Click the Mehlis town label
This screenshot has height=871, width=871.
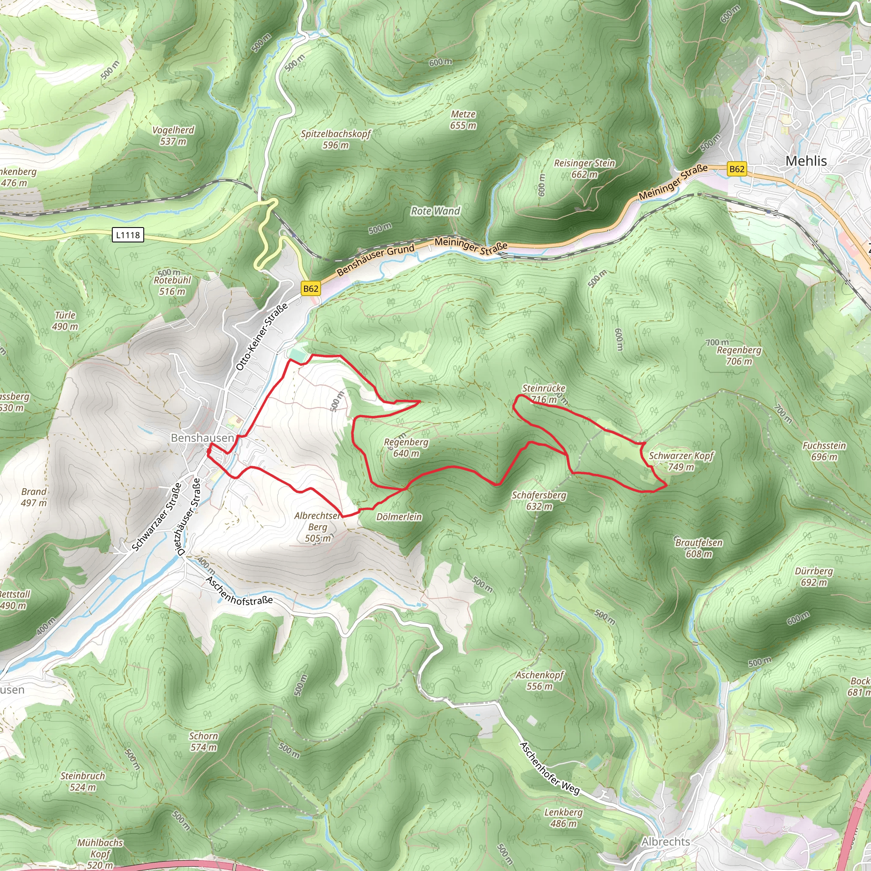pos(806,161)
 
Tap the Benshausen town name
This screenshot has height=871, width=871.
pos(202,438)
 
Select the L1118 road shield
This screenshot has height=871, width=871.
pos(128,235)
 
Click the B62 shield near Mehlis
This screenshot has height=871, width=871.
pos(737,169)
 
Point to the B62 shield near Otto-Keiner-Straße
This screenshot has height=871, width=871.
pos(310,288)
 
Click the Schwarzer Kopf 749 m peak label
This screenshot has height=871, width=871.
pos(681,461)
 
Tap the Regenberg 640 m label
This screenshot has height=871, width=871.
pos(406,448)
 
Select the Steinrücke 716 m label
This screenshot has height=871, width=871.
pos(543,393)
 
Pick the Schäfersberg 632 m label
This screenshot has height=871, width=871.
pos(539,501)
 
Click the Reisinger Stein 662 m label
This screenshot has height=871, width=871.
pos(584,168)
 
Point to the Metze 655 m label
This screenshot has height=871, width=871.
pos(463,120)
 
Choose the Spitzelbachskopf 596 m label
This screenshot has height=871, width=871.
pos(336,139)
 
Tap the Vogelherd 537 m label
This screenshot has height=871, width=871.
pos(173,136)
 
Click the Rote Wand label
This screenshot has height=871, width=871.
pos(435,211)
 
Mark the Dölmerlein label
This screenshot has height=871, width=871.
pos(399,517)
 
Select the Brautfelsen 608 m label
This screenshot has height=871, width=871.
pos(699,548)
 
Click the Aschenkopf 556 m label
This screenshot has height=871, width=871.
pos(540,681)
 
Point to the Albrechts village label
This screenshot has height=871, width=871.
pos(666,842)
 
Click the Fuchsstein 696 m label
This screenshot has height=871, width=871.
pos(824,451)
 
